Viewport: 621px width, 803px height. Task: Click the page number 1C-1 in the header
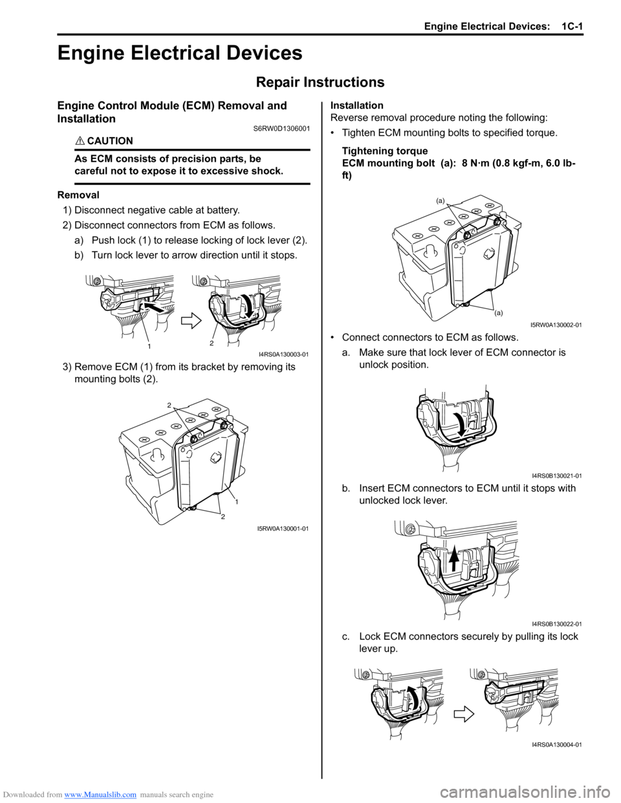[x=572, y=27]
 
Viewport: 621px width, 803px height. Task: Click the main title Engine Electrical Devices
[x=180, y=53]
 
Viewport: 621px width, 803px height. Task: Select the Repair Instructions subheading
[x=320, y=82]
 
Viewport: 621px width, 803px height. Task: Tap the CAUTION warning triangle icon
[x=80, y=141]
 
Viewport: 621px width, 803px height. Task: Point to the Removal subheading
[x=78, y=195]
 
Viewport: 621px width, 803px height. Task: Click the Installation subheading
[x=356, y=105]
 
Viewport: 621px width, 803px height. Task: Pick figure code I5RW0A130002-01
[x=556, y=325]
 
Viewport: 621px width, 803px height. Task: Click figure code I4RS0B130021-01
[x=556, y=476]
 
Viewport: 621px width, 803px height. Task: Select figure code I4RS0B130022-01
[x=556, y=624]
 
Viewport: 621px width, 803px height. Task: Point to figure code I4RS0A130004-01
[x=556, y=745]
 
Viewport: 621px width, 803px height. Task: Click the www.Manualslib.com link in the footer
[x=100, y=795]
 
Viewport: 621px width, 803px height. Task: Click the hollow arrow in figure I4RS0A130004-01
[x=464, y=714]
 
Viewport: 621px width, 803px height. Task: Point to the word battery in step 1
[x=222, y=210]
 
